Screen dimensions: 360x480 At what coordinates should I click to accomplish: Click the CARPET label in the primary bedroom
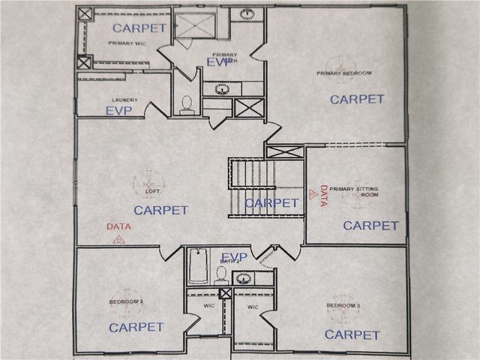[357, 99]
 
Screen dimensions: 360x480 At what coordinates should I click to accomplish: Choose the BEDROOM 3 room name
[343, 306]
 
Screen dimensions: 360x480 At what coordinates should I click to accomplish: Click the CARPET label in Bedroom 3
[352, 334]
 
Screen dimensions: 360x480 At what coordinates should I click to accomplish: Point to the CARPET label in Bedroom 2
[136, 327]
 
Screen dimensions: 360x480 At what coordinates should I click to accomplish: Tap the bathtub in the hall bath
[198, 266]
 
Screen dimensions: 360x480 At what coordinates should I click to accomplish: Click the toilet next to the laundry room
[187, 104]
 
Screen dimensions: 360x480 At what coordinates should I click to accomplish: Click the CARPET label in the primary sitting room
[370, 225]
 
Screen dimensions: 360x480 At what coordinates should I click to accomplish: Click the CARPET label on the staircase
[272, 202]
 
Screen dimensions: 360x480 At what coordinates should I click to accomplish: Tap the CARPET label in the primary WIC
[139, 28]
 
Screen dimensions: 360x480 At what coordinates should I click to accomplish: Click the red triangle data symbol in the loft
[118, 240]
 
